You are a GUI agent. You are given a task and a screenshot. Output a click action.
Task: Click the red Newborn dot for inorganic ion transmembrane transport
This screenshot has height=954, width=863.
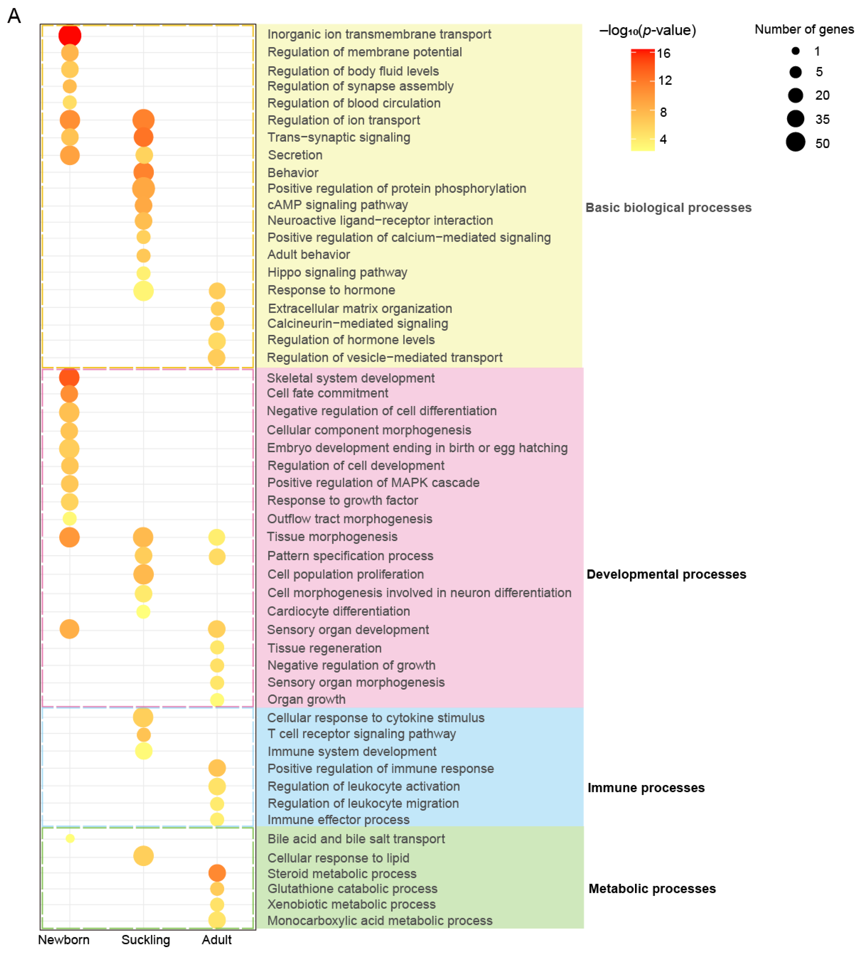(70, 35)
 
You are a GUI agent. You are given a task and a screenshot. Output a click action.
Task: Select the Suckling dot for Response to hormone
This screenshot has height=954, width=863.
(143, 291)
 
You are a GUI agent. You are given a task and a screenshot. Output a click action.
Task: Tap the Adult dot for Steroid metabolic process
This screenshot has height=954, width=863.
(217, 873)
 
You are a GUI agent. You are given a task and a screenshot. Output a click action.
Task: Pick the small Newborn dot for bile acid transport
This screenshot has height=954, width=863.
(70, 838)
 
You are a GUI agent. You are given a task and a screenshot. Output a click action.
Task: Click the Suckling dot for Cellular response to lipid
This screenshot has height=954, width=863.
(143, 856)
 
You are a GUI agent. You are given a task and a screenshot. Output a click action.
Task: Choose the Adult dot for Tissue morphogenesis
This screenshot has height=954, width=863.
(217, 537)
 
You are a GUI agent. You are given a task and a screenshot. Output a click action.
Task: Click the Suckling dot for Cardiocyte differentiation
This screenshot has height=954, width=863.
(143, 611)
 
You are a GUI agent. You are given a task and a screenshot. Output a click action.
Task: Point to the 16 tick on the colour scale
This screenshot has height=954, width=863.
(663, 53)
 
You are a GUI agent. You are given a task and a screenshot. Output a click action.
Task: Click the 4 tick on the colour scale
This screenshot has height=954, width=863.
(663, 139)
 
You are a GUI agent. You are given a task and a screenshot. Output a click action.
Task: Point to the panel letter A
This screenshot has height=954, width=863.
(14, 16)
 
